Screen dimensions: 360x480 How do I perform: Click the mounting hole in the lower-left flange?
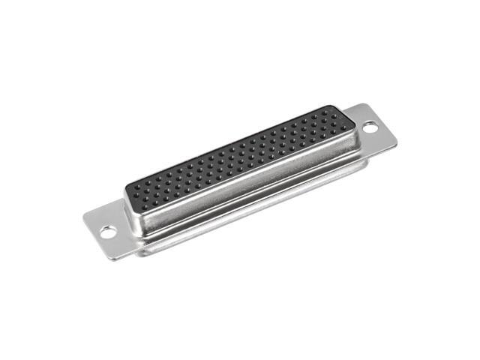tap(108, 232)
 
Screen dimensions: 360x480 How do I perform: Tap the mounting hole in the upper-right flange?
tap(370, 127)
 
